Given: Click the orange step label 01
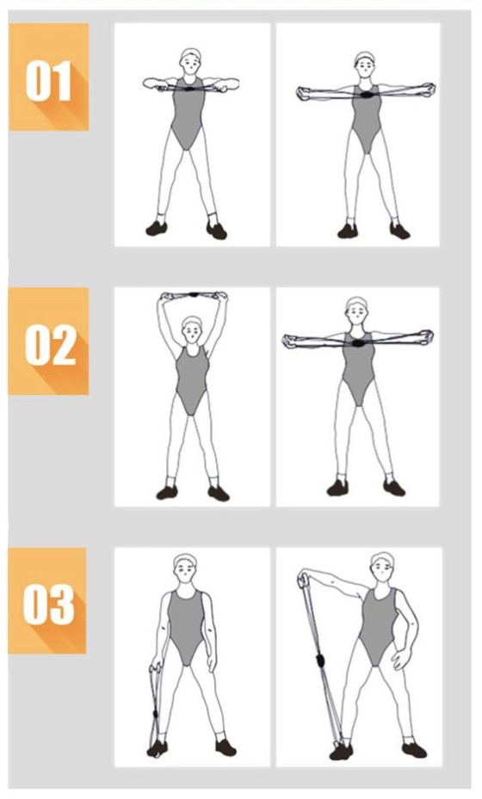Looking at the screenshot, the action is [x=48, y=77].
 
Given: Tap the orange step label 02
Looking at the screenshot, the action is [x=48, y=341].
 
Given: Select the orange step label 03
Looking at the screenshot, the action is [x=47, y=601].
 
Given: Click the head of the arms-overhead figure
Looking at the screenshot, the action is [x=192, y=329].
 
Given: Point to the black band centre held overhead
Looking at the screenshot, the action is [x=194, y=294].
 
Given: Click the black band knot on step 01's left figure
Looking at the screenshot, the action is [x=190, y=89].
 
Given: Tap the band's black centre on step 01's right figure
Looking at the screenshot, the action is [x=366, y=95].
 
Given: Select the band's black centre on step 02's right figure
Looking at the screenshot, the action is [x=359, y=343].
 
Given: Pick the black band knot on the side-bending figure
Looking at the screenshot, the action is [x=320, y=661].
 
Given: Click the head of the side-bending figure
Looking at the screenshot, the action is [x=382, y=567].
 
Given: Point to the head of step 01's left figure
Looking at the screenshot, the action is [x=190, y=61].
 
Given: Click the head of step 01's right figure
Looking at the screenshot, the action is [x=365, y=65].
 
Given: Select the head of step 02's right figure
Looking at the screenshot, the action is [x=357, y=310].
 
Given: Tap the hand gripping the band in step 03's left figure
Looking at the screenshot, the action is [x=155, y=667].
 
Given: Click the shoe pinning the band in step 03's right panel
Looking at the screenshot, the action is [x=341, y=751].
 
